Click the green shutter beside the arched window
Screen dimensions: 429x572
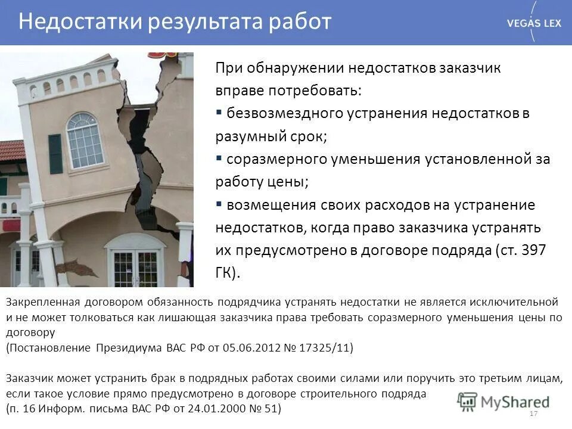pos(55,154)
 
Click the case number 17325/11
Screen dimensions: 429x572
pos(327,348)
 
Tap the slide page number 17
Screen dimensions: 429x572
pos(533,414)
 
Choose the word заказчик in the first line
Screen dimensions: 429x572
pos(471,67)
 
